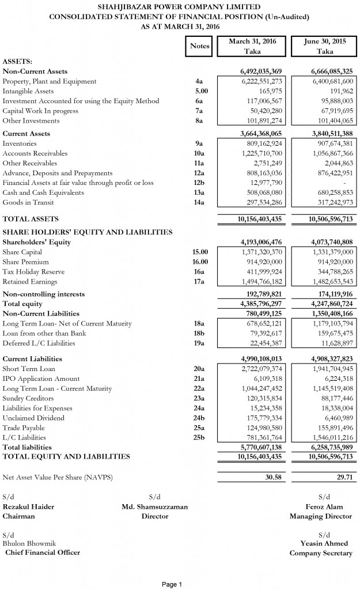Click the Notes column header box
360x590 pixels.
point(199,46)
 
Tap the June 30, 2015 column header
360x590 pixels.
point(324,46)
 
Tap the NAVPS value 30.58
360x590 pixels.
point(272,478)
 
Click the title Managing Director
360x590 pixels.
point(321,516)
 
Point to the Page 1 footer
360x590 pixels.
point(172,584)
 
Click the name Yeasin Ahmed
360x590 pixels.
point(326,543)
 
